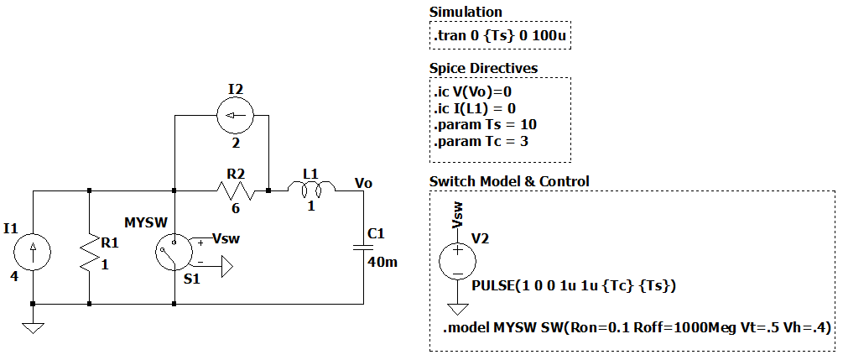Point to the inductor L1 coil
[x=310, y=190]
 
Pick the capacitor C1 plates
[x=363, y=248]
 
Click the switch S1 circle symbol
[x=174, y=249]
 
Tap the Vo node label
[x=363, y=182]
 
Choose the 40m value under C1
[x=382, y=262]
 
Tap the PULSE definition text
[x=574, y=286]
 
